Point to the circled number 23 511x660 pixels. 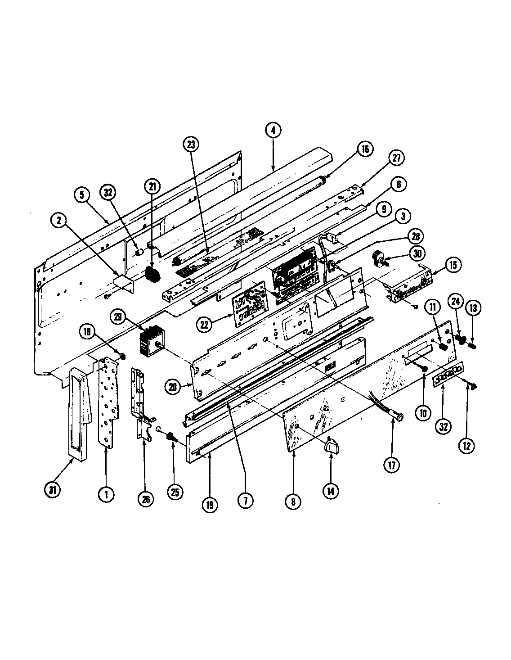190,145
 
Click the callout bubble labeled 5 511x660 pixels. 82,196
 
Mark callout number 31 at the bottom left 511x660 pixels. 53,490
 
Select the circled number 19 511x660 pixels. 209,505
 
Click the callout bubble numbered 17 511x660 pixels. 391,466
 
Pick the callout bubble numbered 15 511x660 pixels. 453,265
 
